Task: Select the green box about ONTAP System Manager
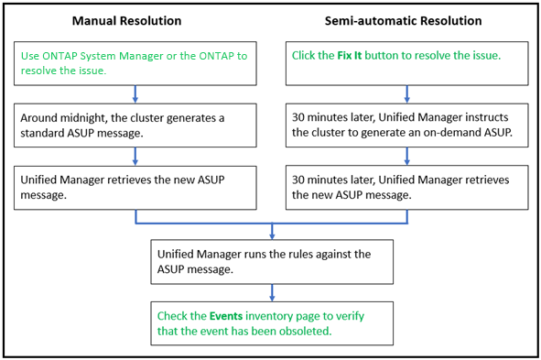coord(135,63)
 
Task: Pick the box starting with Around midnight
coord(135,125)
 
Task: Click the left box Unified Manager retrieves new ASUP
coord(135,186)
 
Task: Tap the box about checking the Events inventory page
coord(272,322)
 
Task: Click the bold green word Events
coord(215,315)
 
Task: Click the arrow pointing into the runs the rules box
coord(272,231)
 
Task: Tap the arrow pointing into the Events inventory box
coord(272,292)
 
